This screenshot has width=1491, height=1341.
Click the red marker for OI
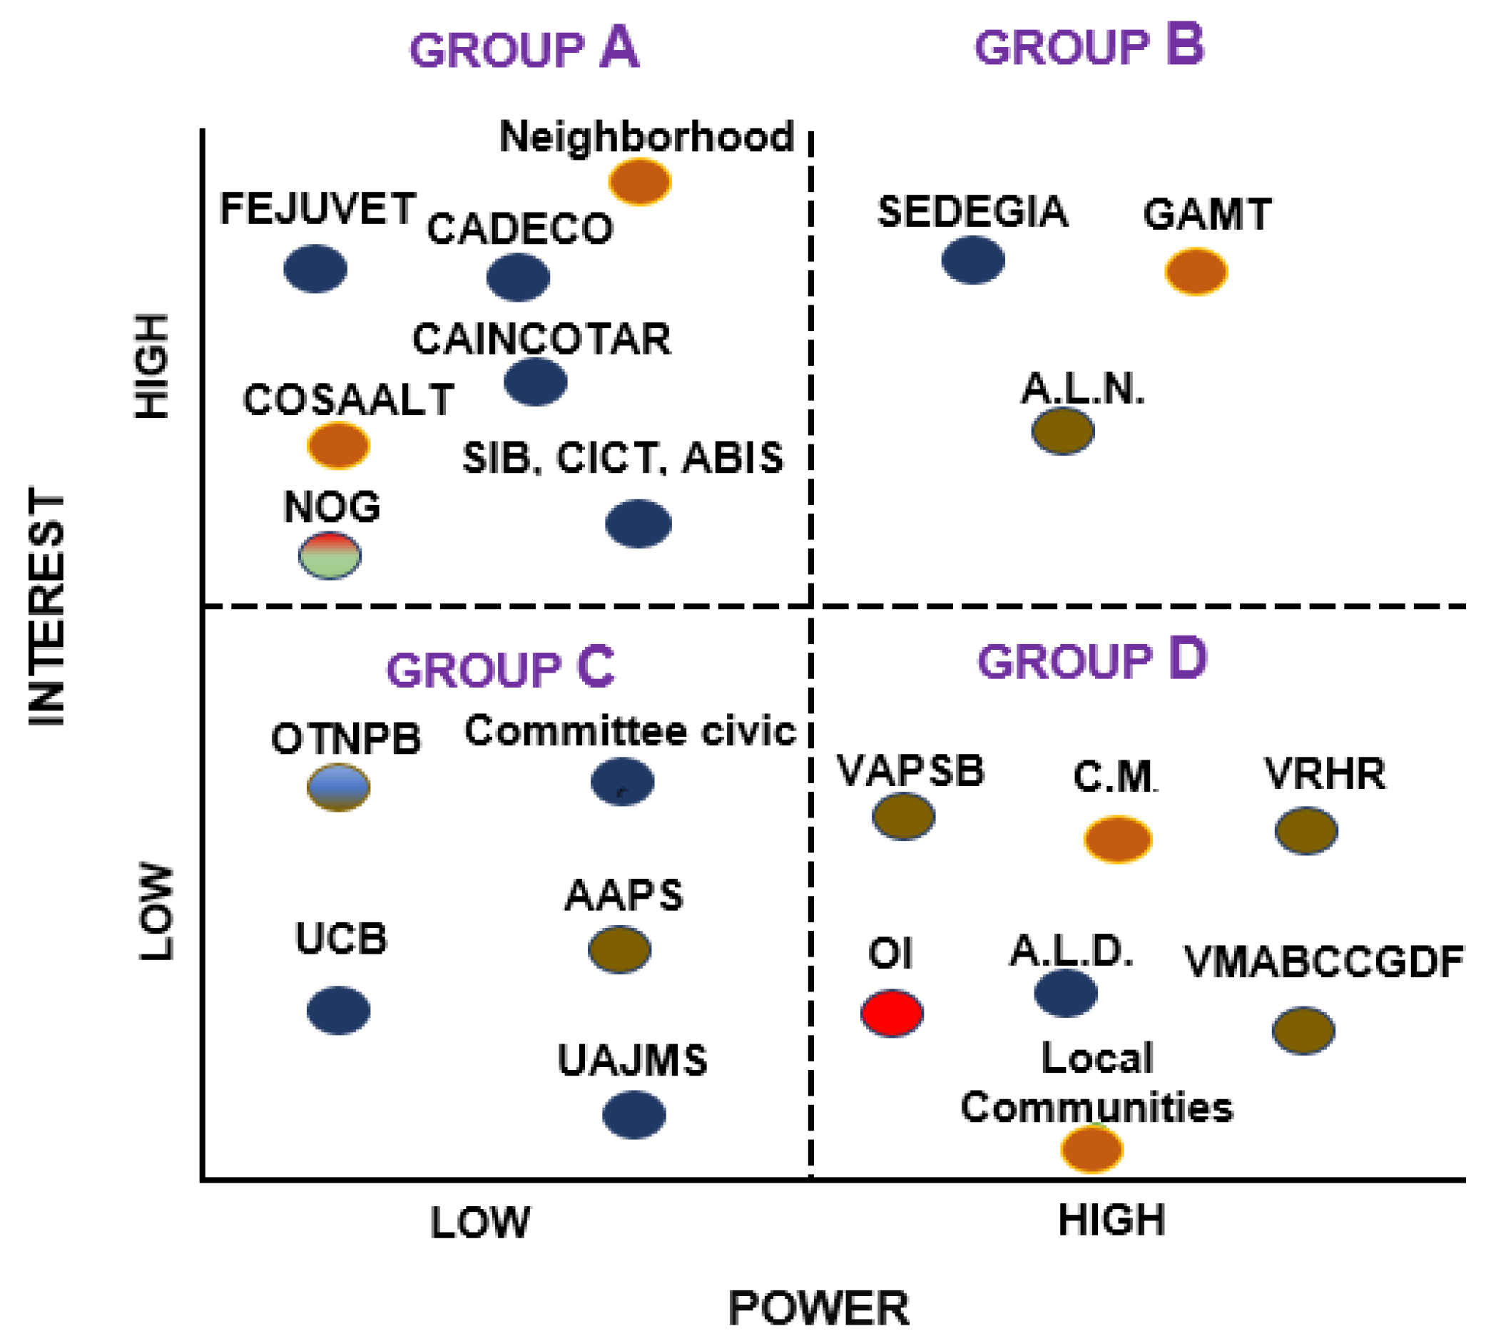pos(892,1014)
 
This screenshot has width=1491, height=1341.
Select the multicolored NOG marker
pos(330,556)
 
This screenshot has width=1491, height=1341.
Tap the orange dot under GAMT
pos(1196,272)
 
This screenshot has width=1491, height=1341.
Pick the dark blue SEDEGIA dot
pos(973,260)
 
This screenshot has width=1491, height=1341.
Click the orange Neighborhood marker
pos(640,181)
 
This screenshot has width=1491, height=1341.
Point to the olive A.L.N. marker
pos(1063,432)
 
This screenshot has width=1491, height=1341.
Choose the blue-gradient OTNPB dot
pos(338,787)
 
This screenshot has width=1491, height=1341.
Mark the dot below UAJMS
pos(633,1115)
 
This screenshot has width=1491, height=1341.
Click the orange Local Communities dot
pos(1092,1149)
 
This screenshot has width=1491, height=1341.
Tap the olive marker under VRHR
pos(1306,831)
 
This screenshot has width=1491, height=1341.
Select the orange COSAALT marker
pos(338,446)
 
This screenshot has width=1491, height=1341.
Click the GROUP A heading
pos(524,49)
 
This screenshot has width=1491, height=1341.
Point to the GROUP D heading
pos(1091,660)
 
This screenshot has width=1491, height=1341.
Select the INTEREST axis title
pos(47,606)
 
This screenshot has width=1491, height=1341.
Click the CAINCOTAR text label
pos(541,340)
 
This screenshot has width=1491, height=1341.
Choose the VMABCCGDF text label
pos(1323,962)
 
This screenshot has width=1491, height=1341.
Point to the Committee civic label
pos(630,732)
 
